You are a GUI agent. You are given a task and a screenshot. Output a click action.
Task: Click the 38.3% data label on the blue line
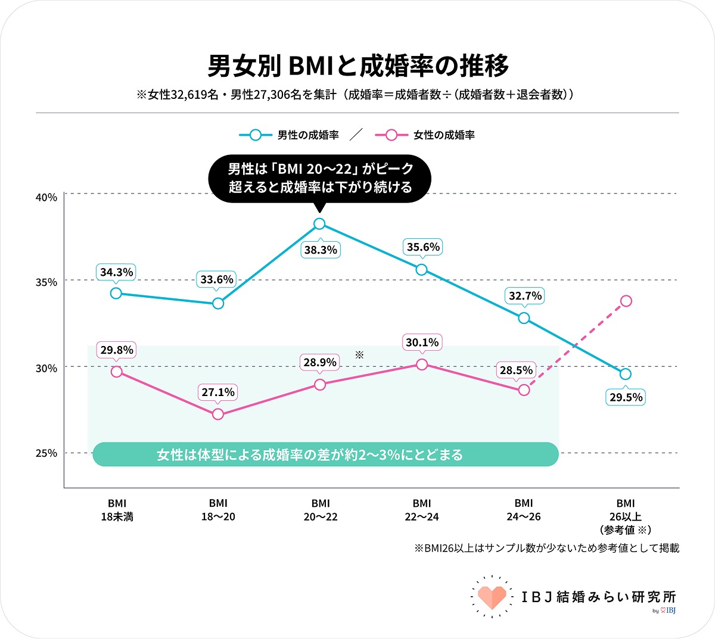321,250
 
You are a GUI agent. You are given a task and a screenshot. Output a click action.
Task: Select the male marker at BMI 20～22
319,224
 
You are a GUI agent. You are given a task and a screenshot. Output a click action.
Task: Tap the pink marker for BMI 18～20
218,414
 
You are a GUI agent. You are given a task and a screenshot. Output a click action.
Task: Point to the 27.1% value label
218,392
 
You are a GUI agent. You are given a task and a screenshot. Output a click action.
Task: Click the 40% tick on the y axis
46,198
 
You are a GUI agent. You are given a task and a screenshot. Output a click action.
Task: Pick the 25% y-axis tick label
46,453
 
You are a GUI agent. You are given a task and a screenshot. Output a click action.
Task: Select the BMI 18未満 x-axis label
117,510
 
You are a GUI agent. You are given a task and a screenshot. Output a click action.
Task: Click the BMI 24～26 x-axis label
524,510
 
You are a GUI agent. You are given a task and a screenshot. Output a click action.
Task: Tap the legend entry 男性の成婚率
289,135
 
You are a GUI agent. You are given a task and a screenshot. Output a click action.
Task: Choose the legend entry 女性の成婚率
425,135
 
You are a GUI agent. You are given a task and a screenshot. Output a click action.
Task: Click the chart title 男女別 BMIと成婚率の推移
358,66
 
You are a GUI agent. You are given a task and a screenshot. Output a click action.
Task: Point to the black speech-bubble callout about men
320,179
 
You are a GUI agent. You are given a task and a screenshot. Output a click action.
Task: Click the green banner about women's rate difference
325,454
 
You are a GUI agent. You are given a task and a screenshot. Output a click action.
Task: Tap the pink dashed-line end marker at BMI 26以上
626,301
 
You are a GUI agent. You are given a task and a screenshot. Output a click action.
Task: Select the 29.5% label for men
626,397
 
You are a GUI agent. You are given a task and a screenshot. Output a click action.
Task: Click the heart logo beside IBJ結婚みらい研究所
492,597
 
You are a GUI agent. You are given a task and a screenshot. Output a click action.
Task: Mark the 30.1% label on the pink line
422,342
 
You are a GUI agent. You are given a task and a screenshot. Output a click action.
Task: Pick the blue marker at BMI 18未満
116,293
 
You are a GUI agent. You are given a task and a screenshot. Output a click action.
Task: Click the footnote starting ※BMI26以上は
546,548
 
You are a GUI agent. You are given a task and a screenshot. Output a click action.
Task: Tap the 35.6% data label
423,247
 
